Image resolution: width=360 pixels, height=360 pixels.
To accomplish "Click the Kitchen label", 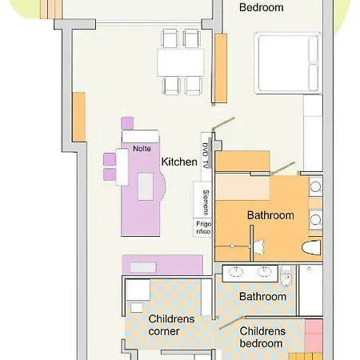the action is pyautogui.click(x=179, y=162).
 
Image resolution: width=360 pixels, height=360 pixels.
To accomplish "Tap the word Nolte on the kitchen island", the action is pyautogui.click(x=142, y=149).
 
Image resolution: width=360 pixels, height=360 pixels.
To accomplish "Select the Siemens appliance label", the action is pyautogui.click(x=206, y=202).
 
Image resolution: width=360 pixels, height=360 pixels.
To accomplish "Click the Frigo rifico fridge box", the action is pyautogui.click(x=203, y=227).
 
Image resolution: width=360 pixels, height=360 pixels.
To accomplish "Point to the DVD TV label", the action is pyautogui.click(x=205, y=155).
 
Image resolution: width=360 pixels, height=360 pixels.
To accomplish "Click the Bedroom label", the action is pyautogui.click(x=262, y=7).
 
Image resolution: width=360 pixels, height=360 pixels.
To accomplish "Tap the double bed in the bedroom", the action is pyautogui.click(x=288, y=63).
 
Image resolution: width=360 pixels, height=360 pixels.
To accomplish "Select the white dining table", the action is pyautogui.click(x=181, y=63).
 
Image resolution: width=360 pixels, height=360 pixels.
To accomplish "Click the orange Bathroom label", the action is pyautogui.click(x=270, y=215).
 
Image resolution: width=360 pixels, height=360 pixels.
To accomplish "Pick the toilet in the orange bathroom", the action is pyautogui.click(x=311, y=247).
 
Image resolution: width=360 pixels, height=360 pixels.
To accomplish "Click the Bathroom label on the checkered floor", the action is pyautogui.click(x=262, y=297).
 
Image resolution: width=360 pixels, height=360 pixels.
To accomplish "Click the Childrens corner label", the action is pyautogui.click(x=171, y=325).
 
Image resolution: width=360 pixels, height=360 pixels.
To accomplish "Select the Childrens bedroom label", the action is pyautogui.click(x=262, y=337).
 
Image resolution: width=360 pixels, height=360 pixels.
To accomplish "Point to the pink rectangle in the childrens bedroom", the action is pyautogui.click(x=314, y=335).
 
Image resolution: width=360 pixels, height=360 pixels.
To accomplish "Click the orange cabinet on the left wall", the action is pyautogui.click(x=79, y=117).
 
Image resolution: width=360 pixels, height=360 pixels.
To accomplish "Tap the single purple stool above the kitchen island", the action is pyautogui.click(x=127, y=123).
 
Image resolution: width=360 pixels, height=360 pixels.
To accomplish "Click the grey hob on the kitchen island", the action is pyautogui.click(x=146, y=186).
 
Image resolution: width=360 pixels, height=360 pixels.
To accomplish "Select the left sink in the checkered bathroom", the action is pyautogui.click(x=236, y=272).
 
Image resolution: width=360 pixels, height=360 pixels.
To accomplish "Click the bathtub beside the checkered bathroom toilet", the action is pyautogui.click(x=310, y=290).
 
